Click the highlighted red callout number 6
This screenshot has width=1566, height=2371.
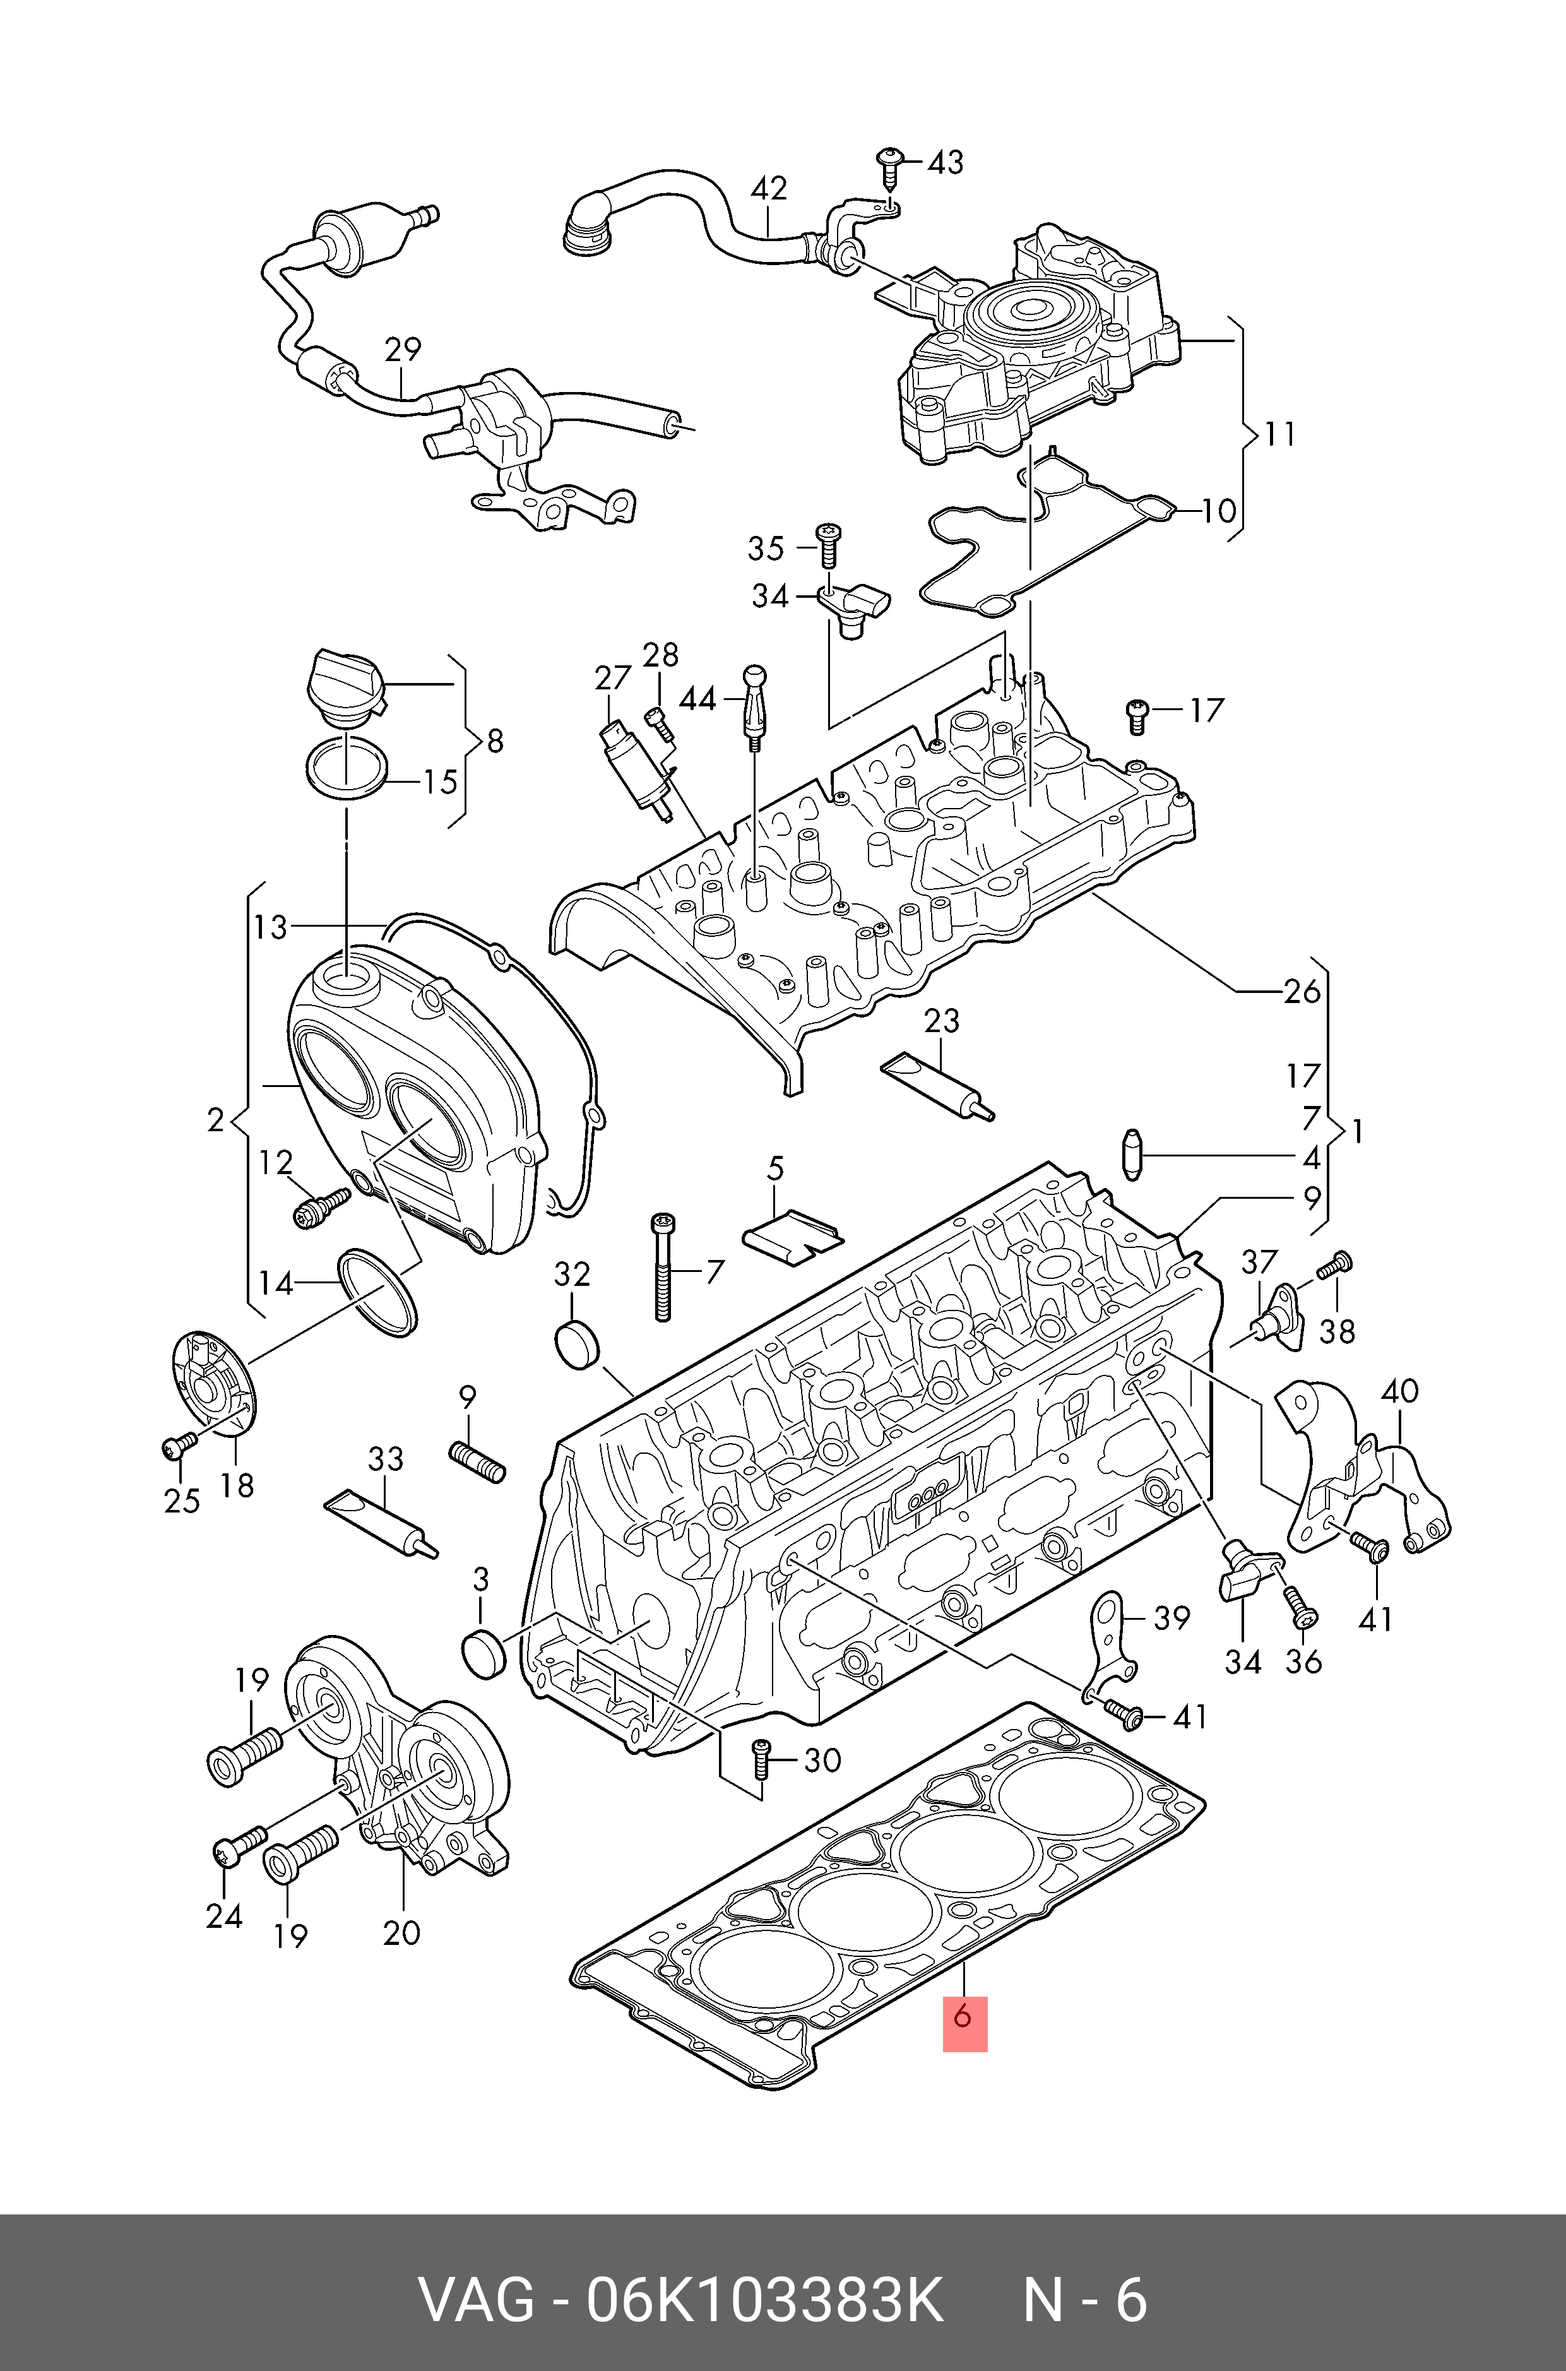pyautogui.click(x=964, y=2016)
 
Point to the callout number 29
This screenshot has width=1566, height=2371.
pyautogui.click(x=403, y=350)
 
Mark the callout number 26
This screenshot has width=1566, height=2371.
pyautogui.click(x=1302, y=992)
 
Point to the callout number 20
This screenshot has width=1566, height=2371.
pyautogui.click(x=401, y=1932)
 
